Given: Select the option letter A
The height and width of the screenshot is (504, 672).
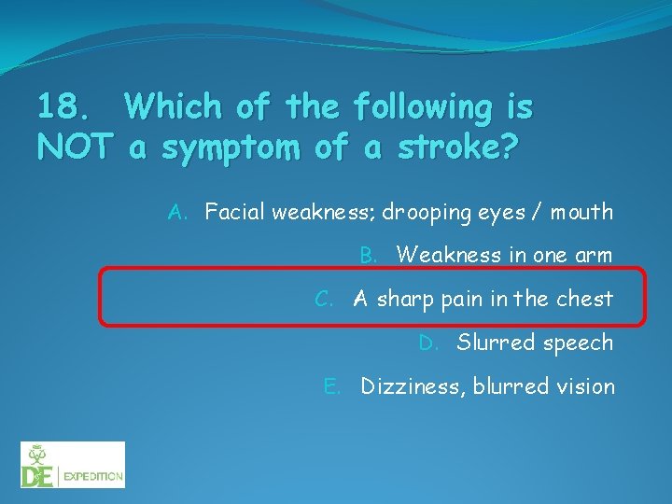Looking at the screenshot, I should tap(177, 212).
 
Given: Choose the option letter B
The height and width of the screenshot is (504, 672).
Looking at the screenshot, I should tap(369, 255).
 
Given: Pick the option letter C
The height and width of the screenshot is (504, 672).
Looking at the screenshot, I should tap(324, 299).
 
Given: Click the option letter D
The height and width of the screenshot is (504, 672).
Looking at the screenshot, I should tap(428, 343).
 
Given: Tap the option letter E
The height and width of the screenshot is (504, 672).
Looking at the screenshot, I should tap(331, 386).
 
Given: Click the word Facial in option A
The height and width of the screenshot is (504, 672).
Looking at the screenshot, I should tap(235, 212).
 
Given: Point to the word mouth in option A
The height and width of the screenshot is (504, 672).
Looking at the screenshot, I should tap(581, 213).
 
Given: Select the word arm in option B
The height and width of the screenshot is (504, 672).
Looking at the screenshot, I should tap(595, 255).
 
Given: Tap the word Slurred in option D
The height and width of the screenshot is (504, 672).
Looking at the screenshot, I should tap(489, 343).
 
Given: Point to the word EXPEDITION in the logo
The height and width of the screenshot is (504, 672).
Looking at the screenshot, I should tap(93, 477).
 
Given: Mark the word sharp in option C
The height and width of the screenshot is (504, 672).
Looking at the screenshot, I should tap(404, 300).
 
